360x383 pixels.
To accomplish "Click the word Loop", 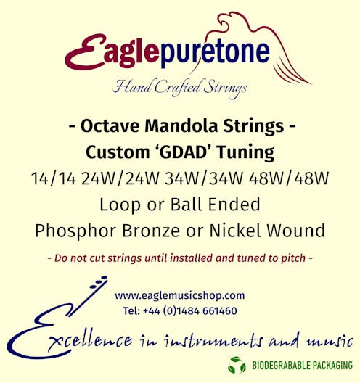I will tap(118, 205).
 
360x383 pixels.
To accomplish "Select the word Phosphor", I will tap(75, 231).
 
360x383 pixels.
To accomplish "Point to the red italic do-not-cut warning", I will tap(179, 258).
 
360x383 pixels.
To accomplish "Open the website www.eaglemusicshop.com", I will tap(179, 295).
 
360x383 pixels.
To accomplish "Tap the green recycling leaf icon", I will tap(237, 365).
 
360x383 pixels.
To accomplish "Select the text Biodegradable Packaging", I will tap(302, 366).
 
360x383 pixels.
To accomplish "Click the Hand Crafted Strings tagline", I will tap(180, 88).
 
